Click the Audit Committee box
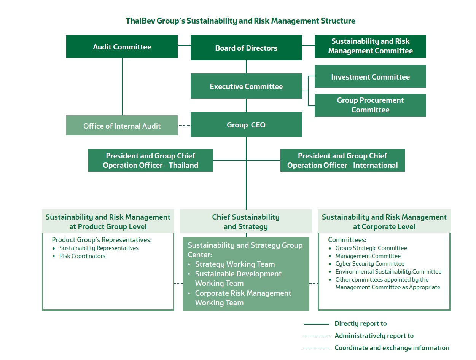[122, 46]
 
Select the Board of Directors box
[246, 48]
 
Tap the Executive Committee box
[246, 86]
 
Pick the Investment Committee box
[370, 76]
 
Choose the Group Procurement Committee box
[370, 105]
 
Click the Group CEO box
[246, 124]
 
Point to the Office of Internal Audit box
[122, 125]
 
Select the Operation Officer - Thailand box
[151, 161]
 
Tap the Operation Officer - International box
[342, 161]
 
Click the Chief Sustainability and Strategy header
[246, 221]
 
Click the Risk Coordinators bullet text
[82, 256]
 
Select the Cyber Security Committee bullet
[370, 264]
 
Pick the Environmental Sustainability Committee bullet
[388, 272]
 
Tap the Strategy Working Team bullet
[235, 264]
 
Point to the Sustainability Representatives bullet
[99, 248]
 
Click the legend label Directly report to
[360, 323]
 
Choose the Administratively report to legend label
[374, 336]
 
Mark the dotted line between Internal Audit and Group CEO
[184, 125]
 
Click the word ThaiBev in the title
[140, 21]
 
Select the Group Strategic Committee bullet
[371, 248]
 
